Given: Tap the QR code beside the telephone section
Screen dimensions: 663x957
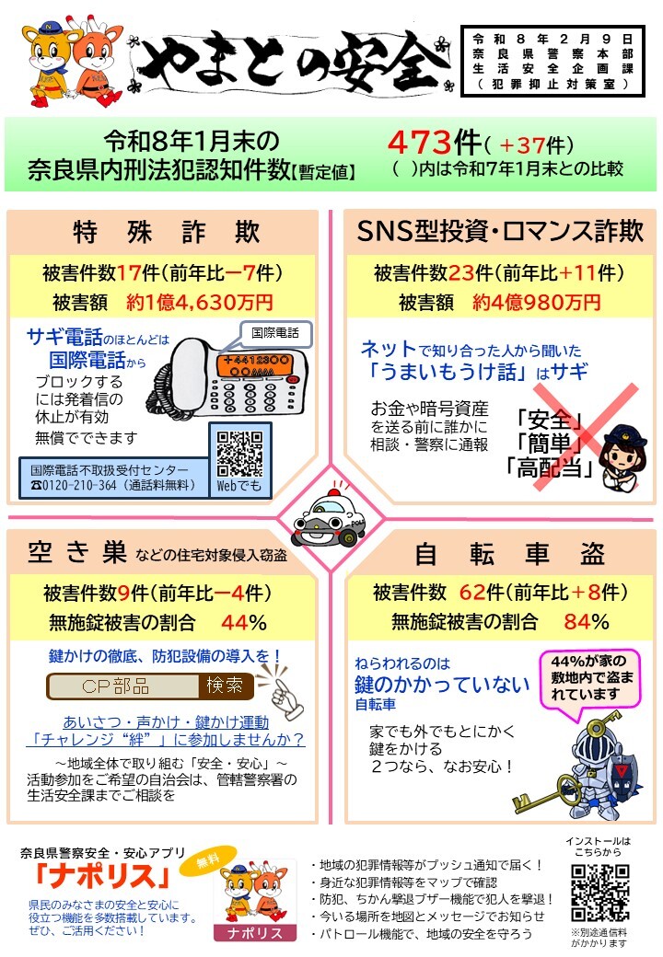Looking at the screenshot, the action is tap(240, 455).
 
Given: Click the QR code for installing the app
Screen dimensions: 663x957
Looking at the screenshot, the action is tap(600, 893).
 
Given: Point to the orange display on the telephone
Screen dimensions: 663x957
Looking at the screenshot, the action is tap(252, 366).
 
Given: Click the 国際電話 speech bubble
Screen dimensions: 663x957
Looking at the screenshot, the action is tap(276, 334).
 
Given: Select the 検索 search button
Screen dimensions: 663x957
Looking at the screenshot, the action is tap(226, 686).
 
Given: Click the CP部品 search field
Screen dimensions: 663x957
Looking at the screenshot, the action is tap(123, 686).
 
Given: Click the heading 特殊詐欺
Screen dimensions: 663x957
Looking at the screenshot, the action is tap(167, 232).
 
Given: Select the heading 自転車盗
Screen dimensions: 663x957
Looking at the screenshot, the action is tap(509, 553).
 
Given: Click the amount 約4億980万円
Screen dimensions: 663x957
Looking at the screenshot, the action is tap(537, 302).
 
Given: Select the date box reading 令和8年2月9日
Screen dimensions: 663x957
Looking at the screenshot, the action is tap(552, 61).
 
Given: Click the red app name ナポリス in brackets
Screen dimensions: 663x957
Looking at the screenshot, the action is tap(101, 877).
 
